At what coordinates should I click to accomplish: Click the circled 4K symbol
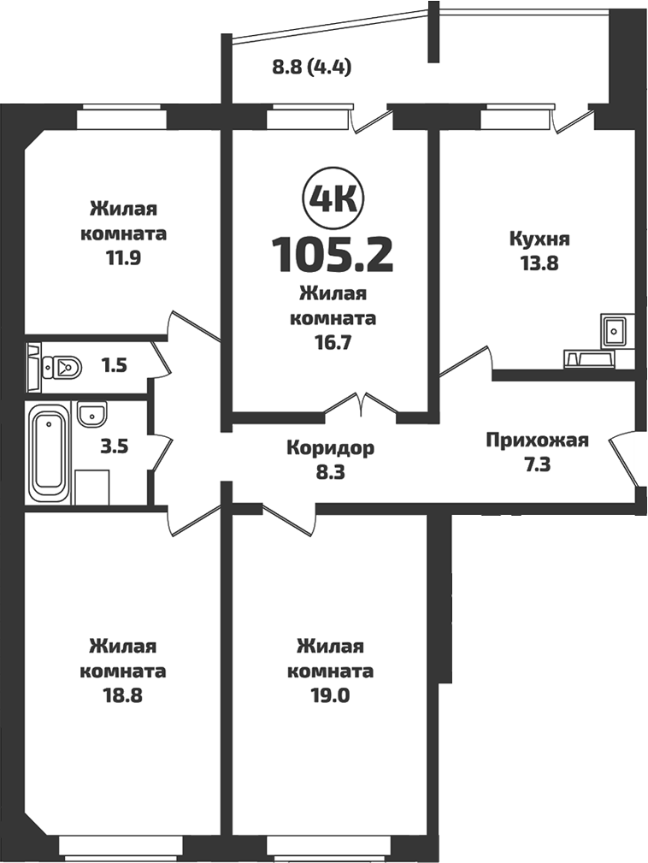pos(333,198)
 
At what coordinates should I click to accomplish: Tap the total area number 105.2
pos(333,254)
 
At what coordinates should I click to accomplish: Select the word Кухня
pos(539,239)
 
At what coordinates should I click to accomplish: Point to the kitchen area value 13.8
pos(539,263)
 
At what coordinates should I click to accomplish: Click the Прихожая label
pos(537,440)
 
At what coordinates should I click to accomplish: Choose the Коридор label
pos(330,448)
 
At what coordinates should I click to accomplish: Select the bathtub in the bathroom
pos(49,454)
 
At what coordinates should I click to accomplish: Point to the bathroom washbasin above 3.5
pos(91,415)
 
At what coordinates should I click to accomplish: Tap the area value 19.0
pos(331,695)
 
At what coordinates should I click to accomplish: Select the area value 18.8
pos(122,695)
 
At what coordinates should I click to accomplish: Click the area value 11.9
pos(122,257)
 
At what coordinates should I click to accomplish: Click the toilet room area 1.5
pos(115,367)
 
